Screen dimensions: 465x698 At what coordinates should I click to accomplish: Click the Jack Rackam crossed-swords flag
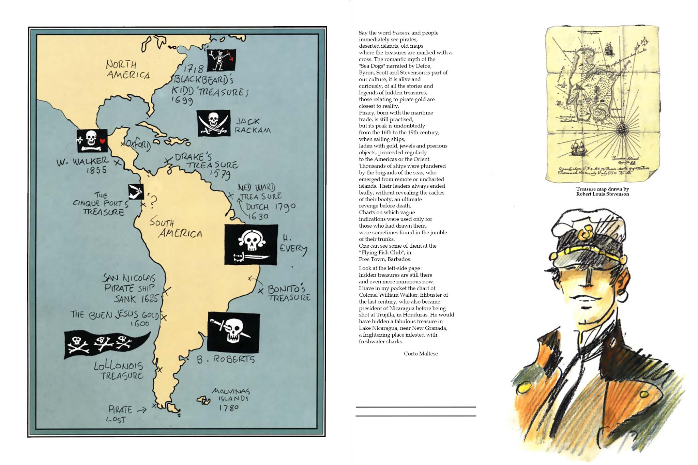pyautogui.click(x=214, y=123)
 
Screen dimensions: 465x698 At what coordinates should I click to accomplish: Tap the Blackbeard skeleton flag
pyautogui.click(x=221, y=60)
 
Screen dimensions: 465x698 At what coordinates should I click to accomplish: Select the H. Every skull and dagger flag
pyautogui.click(x=251, y=244)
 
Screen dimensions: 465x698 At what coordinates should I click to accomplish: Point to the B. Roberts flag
pyautogui.click(x=233, y=332)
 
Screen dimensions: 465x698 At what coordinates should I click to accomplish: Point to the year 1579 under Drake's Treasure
pyautogui.click(x=220, y=174)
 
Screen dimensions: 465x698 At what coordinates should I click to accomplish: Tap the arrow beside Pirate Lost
pyautogui.click(x=141, y=410)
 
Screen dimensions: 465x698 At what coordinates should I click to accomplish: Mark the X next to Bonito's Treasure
pyautogui.click(x=261, y=291)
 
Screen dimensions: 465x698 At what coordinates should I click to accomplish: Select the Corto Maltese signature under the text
pyautogui.click(x=421, y=354)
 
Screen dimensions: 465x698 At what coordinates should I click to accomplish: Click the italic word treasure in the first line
pyautogui.click(x=401, y=33)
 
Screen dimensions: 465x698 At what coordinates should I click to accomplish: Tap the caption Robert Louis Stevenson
pyautogui.click(x=602, y=194)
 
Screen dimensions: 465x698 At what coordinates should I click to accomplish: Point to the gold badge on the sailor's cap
pyautogui.click(x=585, y=234)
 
